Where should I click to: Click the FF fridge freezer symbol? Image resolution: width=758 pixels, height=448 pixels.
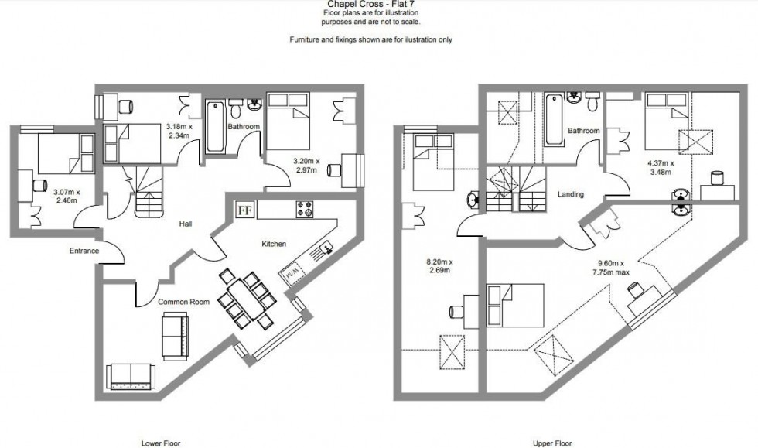[x=246, y=210]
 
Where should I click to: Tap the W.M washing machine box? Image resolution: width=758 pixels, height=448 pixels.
[x=292, y=273]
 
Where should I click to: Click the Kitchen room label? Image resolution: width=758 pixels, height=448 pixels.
[x=274, y=244]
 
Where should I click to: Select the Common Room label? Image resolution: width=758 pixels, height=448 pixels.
[x=184, y=302]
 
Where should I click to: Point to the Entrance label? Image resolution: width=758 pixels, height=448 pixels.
[x=83, y=251]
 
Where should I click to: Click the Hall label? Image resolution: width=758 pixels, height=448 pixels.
[x=184, y=224]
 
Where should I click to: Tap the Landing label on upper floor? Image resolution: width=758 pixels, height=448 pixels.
[x=571, y=194]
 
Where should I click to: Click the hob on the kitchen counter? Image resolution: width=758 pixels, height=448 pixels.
[x=304, y=210]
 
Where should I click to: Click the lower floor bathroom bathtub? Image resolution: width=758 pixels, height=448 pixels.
[x=214, y=126]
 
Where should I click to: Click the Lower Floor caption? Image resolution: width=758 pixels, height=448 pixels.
[x=161, y=443]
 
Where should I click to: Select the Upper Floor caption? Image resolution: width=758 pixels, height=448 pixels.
[x=552, y=443]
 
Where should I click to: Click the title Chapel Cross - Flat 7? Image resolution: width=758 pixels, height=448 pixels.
[x=370, y=3]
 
